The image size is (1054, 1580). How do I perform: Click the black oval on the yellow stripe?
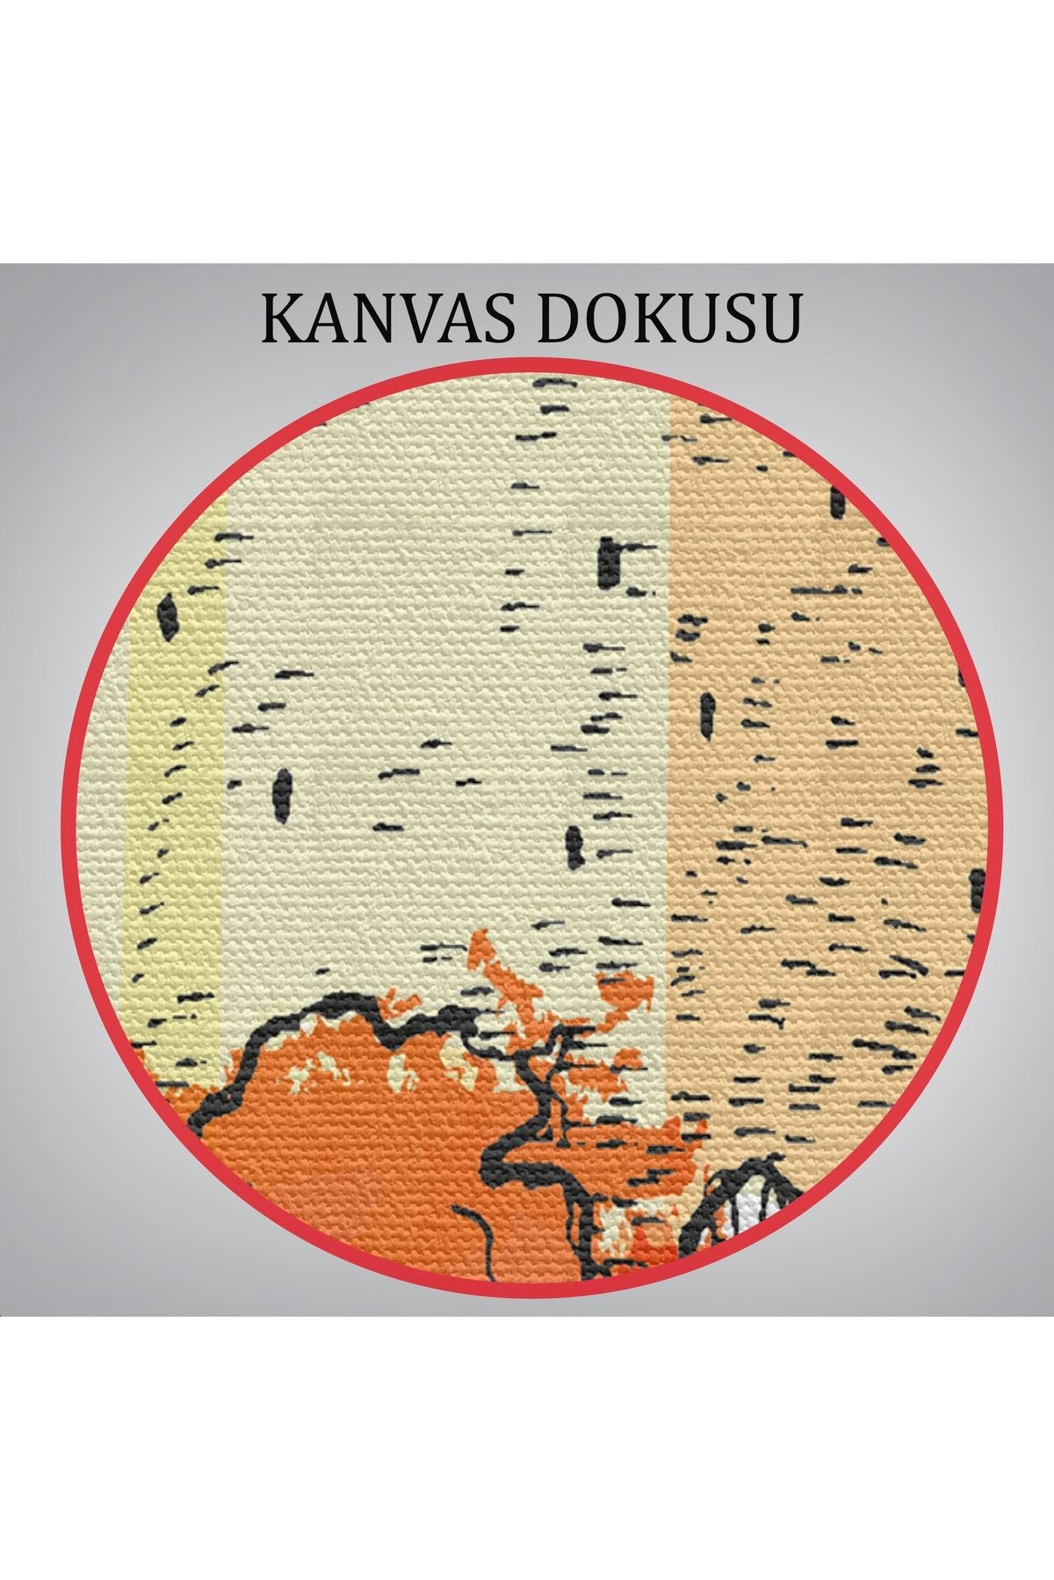click(x=168, y=614)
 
